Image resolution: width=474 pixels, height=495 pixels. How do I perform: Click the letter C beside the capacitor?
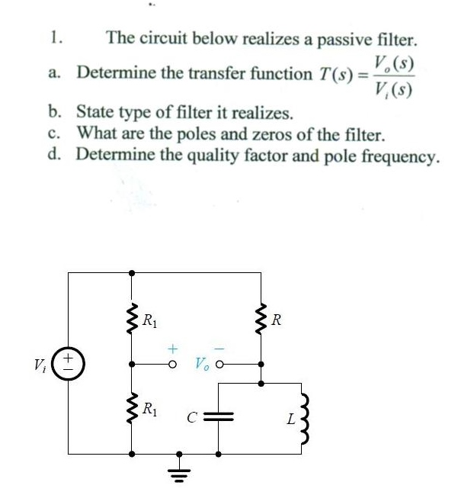[x=194, y=417]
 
